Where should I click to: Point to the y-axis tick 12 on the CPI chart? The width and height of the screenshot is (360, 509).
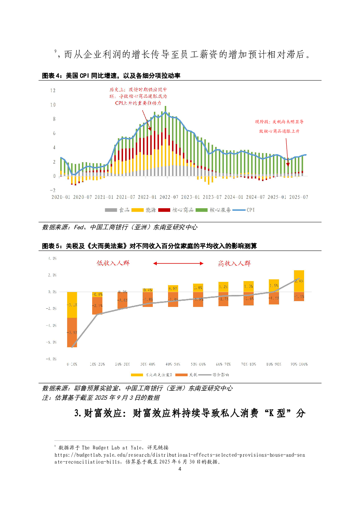(x=53, y=91)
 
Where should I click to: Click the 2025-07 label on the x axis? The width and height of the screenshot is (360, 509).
(x=298, y=197)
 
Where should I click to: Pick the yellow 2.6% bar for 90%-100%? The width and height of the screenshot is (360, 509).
(x=299, y=281)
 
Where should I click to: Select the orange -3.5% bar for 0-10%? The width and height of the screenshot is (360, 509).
(x=72, y=332)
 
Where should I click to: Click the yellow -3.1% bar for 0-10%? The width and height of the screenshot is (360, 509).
(x=72, y=305)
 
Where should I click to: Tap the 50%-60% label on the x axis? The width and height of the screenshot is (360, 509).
(x=198, y=364)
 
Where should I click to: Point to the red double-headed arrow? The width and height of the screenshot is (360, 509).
(x=178, y=263)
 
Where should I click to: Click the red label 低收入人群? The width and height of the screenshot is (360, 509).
(x=113, y=263)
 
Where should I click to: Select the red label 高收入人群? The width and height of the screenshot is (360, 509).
(x=234, y=263)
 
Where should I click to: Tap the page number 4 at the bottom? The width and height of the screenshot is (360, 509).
(x=180, y=469)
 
